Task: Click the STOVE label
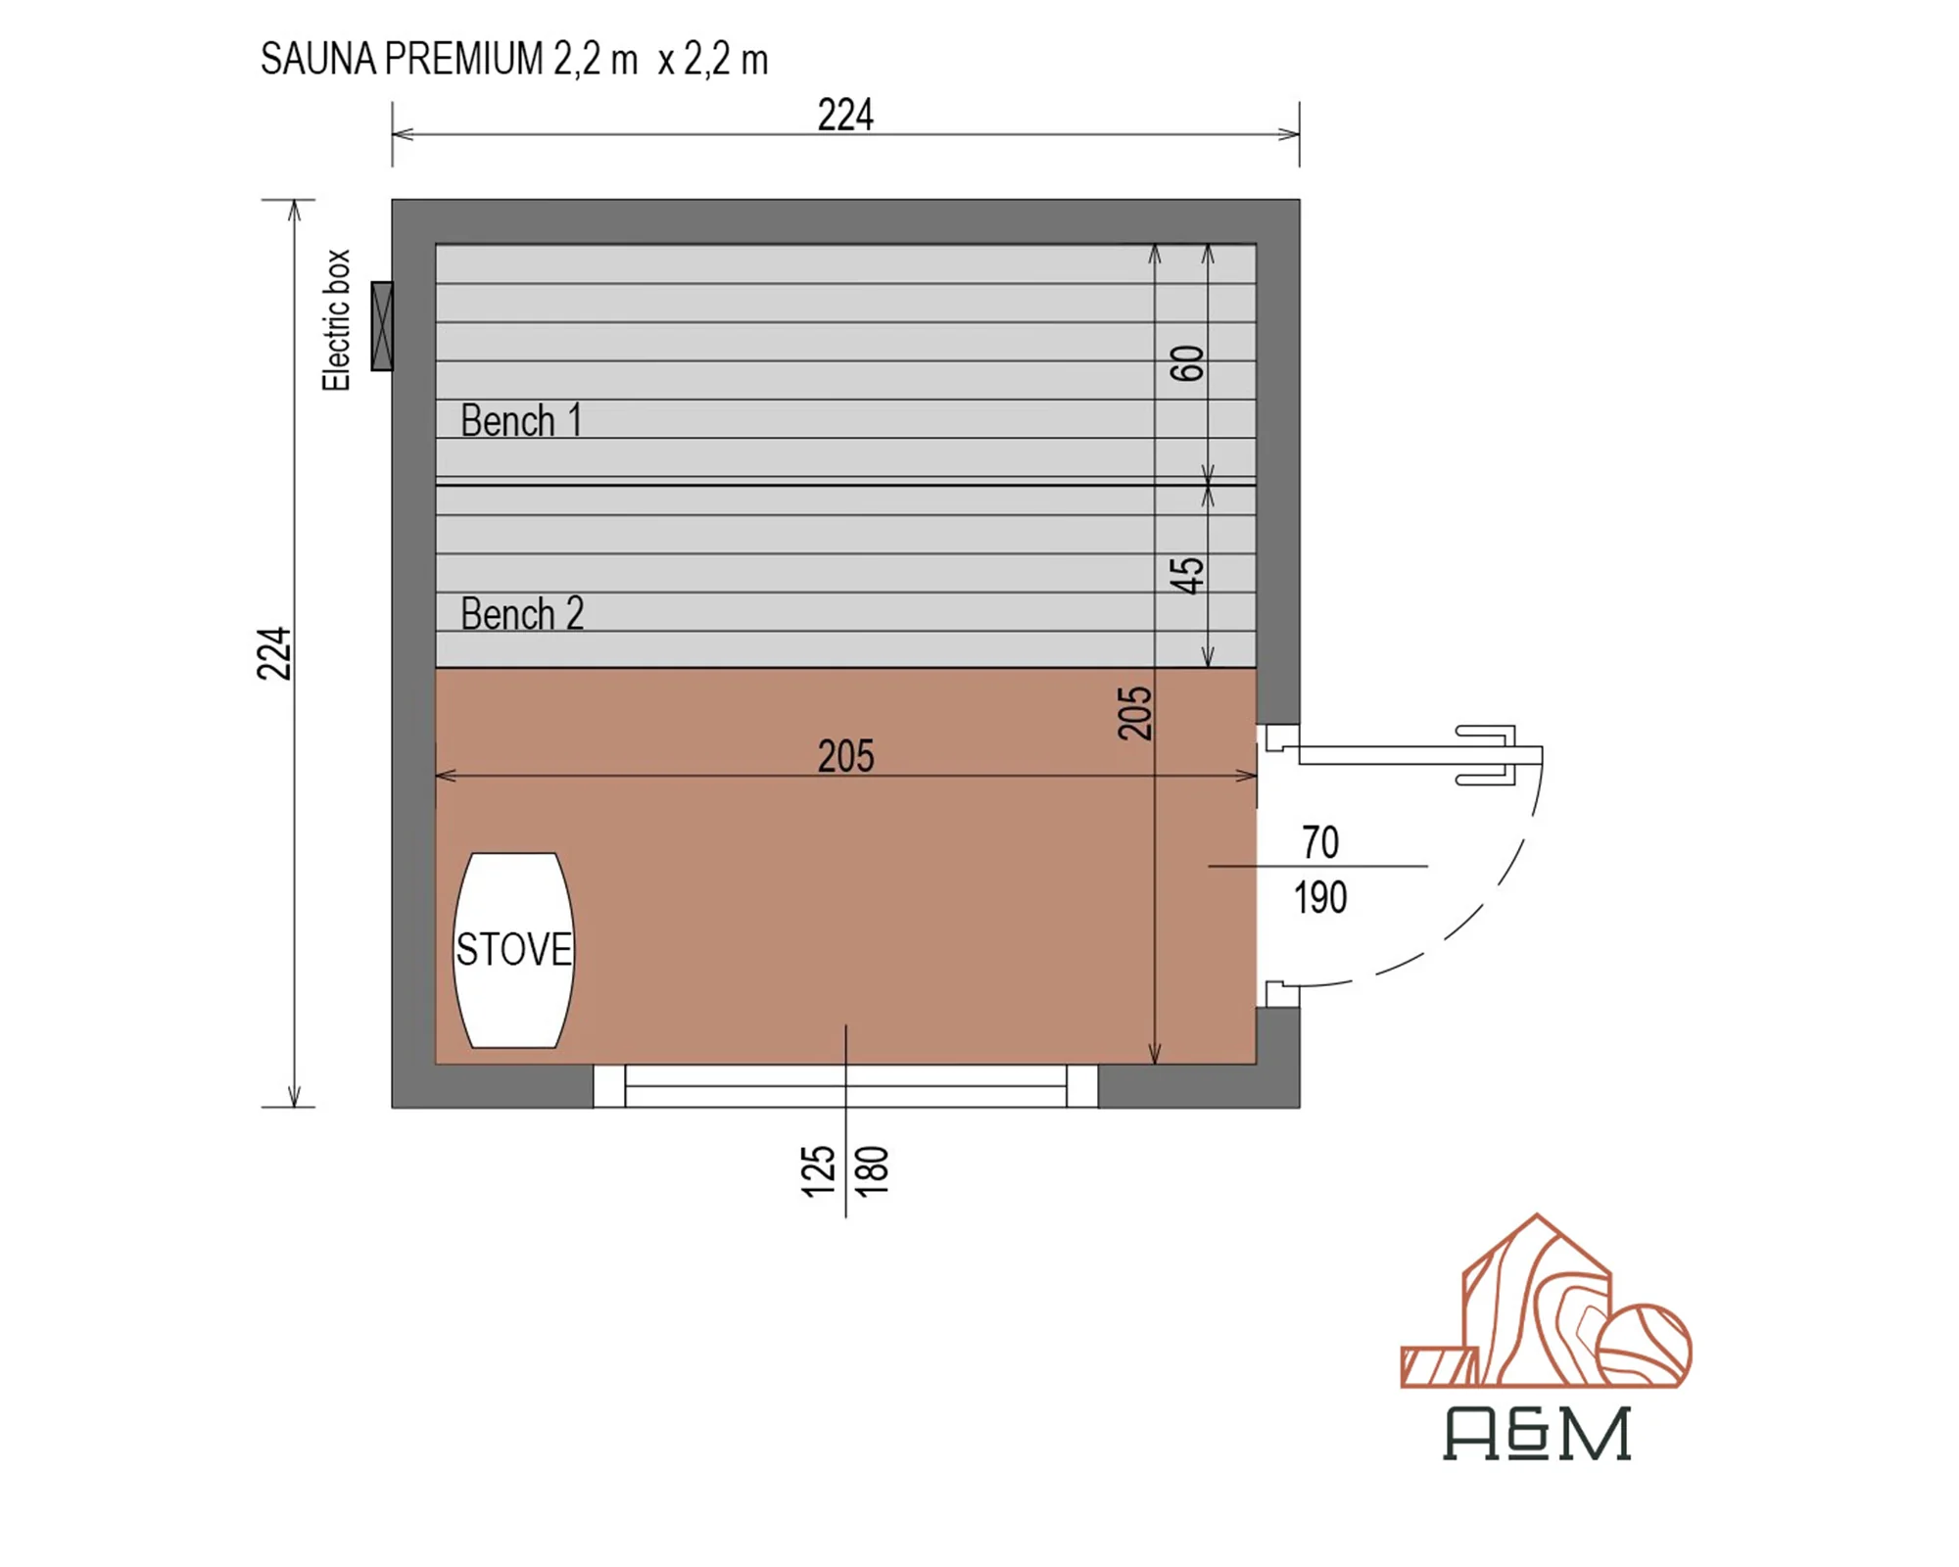(x=513, y=949)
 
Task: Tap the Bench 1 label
(x=521, y=421)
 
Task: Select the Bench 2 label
(x=522, y=614)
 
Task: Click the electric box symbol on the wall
(x=382, y=326)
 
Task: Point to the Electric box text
(x=336, y=320)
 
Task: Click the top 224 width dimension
(x=845, y=115)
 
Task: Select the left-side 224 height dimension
(x=274, y=653)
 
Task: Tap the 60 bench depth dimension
(x=1186, y=363)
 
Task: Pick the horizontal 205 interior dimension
(x=845, y=756)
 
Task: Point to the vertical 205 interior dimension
(x=1134, y=713)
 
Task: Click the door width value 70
(x=1320, y=842)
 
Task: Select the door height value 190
(x=1320, y=897)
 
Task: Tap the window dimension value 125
(x=818, y=1171)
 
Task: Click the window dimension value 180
(x=872, y=1171)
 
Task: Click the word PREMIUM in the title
(x=463, y=59)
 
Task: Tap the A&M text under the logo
(x=1537, y=1434)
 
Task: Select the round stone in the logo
(x=1644, y=1346)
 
